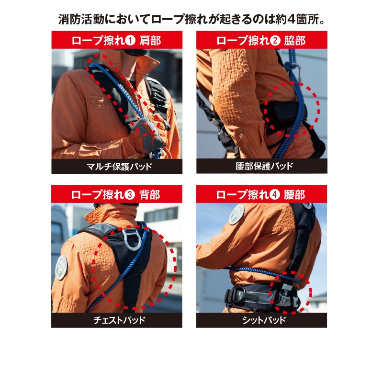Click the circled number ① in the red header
click(x=130, y=40)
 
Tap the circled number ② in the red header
click(x=275, y=40)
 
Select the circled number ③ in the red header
click(x=129, y=195)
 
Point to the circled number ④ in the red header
click(x=274, y=195)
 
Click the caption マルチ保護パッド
click(x=119, y=167)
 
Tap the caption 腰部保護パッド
click(x=264, y=166)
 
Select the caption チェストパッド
click(x=119, y=320)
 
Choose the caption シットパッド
click(x=264, y=320)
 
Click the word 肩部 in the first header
click(x=150, y=41)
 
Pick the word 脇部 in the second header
click(x=294, y=41)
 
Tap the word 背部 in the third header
click(x=149, y=195)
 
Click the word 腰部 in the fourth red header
click(x=294, y=195)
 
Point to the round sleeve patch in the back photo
click(x=61, y=268)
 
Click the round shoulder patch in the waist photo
click(x=237, y=214)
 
